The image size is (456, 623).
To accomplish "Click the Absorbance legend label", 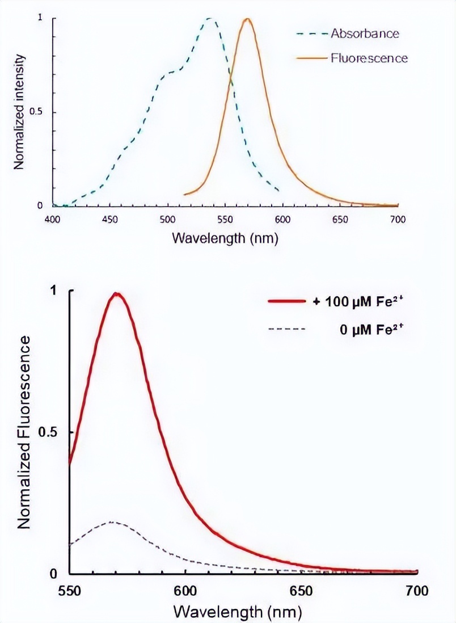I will (x=365, y=33).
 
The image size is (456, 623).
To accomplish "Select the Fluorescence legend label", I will (x=369, y=58).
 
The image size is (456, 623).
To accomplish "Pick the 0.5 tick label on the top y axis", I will (x=36, y=112).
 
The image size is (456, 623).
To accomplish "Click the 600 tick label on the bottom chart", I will (x=185, y=590).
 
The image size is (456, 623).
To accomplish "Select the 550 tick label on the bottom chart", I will (x=69, y=590).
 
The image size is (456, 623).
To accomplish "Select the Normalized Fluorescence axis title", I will (x=24, y=432).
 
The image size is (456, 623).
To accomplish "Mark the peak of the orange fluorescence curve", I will (x=247, y=19).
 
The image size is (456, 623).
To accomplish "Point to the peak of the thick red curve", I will (x=117, y=294).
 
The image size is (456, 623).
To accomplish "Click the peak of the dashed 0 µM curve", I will (x=111, y=521).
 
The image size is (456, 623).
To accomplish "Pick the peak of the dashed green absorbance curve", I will (x=210, y=19).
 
